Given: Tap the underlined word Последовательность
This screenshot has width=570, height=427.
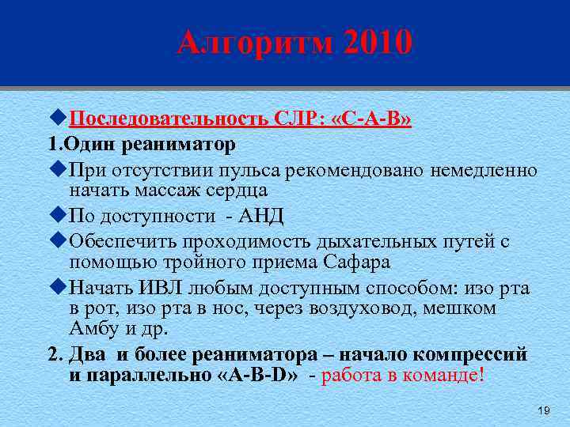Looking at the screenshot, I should [x=169, y=120].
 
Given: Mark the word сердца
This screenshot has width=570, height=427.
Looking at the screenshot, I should [x=239, y=190].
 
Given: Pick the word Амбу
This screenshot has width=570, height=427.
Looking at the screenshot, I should [x=89, y=327].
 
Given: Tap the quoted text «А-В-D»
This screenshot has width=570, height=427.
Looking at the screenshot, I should [x=256, y=375].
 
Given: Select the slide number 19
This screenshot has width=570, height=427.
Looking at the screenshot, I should [x=543, y=410].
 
